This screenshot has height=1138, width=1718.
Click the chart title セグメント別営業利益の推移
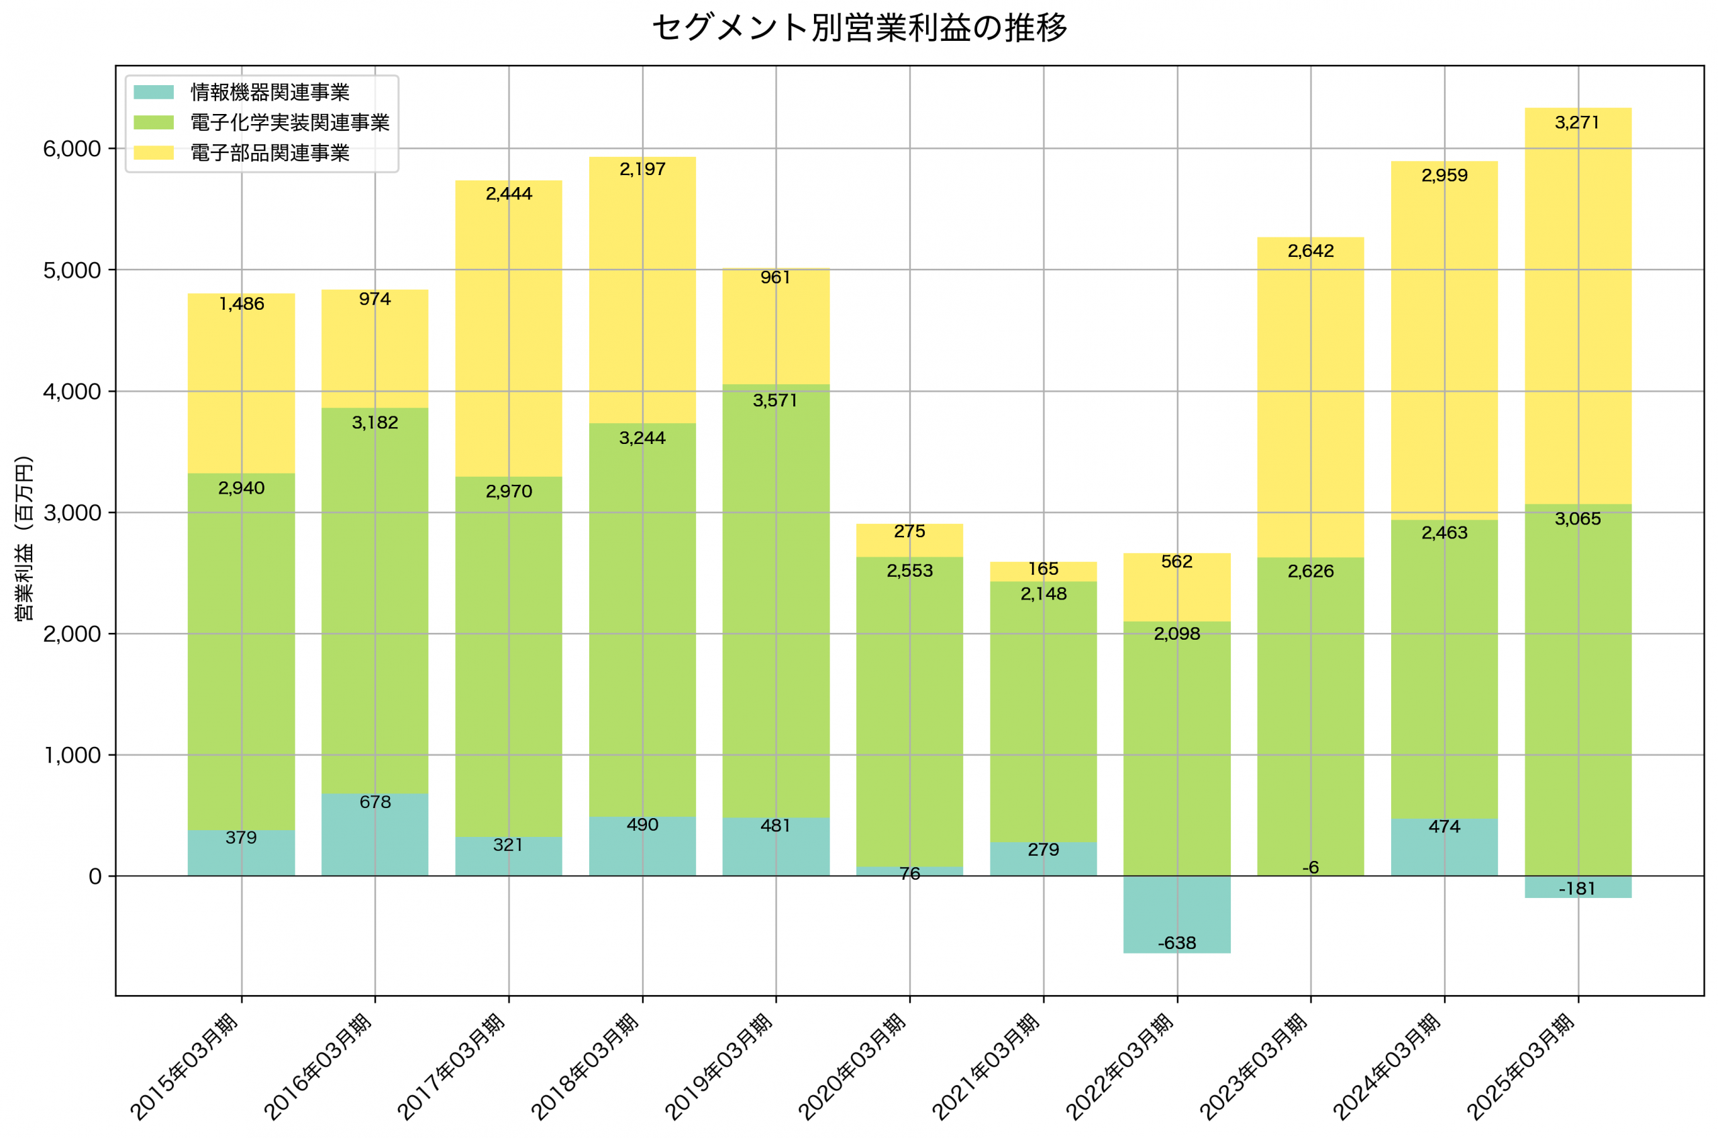point(859,27)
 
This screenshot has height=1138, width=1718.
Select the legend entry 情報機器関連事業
point(269,92)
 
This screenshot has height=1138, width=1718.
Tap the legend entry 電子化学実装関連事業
point(289,123)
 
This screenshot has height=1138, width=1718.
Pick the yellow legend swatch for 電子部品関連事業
point(154,152)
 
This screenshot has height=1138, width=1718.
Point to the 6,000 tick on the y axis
point(71,149)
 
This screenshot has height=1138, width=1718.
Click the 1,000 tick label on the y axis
point(72,756)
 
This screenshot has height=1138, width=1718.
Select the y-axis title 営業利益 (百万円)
point(24,538)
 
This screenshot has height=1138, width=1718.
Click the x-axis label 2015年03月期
point(185,1068)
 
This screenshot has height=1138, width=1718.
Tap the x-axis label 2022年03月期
point(1121,1068)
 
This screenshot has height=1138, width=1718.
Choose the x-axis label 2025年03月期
point(1521,1068)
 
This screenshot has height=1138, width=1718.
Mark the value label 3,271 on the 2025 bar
point(1577,123)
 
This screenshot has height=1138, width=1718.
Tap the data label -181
point(1577,889)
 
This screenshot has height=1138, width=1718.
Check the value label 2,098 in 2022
point(1176,634)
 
